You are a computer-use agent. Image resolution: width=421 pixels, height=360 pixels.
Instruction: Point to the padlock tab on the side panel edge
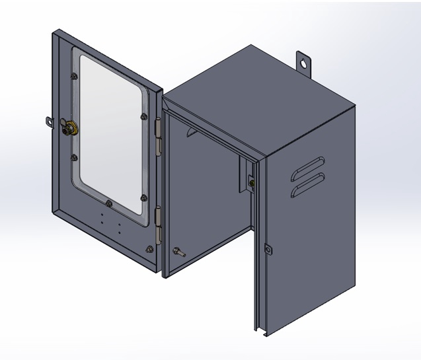pos(268,249)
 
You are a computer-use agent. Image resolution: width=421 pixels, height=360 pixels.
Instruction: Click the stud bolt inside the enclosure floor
pos(178,251)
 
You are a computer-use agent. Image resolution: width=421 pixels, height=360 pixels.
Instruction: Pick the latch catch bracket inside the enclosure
pos(250,180)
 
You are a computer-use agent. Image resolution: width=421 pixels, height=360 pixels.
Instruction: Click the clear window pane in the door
pos(111,132)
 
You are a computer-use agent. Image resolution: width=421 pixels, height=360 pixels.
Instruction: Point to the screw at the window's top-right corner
pos(144,117)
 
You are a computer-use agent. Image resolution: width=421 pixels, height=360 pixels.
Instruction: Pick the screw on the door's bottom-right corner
pos(150,249)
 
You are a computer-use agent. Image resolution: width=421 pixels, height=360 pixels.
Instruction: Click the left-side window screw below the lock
pos(75,157)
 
